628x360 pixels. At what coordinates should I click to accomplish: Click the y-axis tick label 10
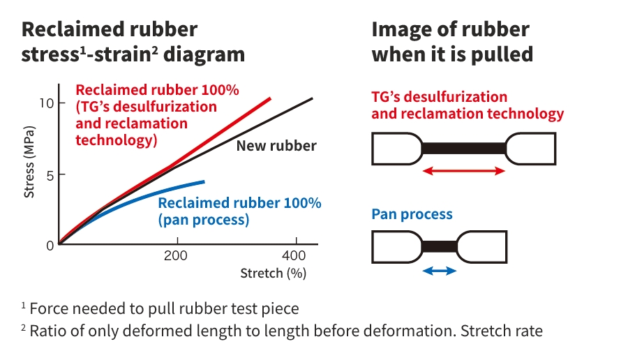click(x=47, y=103)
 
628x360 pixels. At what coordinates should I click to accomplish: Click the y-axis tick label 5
click(x=50, y=174)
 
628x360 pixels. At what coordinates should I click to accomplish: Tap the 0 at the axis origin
click(x=50, y=245)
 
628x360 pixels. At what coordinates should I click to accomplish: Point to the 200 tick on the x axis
click(x=176, y=256)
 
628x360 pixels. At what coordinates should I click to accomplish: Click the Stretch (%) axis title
click(x=273, y=273)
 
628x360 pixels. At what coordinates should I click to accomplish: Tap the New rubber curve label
click(x=276, y=146)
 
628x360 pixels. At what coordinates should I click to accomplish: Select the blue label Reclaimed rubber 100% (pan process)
click(x=239, y=211)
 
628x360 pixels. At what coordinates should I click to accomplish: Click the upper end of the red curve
click(x=269, y=98)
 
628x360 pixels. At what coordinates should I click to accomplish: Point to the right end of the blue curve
click(x=204, y=181)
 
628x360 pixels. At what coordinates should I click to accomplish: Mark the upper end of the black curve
click(x=311, y=98)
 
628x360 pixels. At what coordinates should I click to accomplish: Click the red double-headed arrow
click(x=463, y=171)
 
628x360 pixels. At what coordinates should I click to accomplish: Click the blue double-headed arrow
click(x=440, y=271)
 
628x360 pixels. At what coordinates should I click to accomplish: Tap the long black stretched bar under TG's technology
click(x=463, y=148)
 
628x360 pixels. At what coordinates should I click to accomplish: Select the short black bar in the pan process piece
click(x=440, y=246)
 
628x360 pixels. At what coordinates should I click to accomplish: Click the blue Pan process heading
click(x=412, y=214)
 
